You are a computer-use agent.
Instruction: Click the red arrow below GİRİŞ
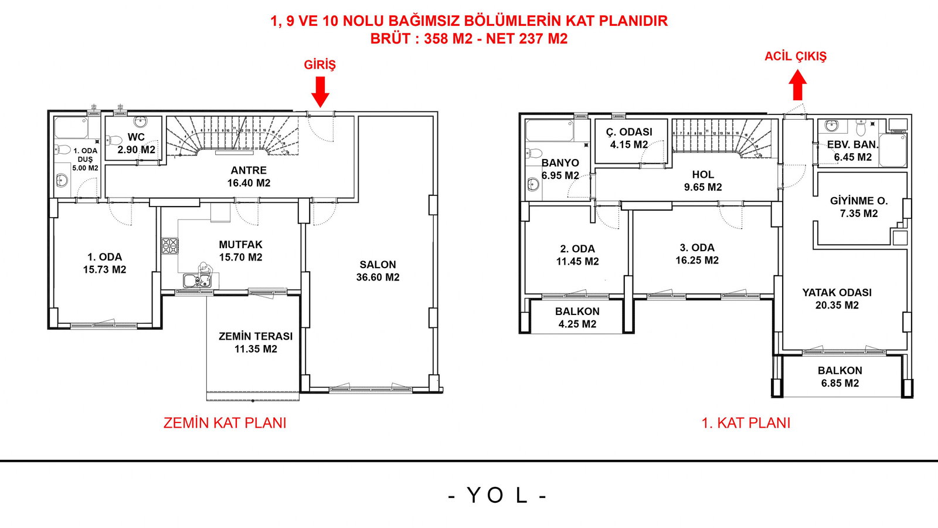pyautogui.click(x=320, y=91)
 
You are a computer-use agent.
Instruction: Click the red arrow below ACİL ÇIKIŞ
pyautogui.click(x=797, y=86)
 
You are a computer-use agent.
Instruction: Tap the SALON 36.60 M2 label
pyautogui.click(x=378, y=271)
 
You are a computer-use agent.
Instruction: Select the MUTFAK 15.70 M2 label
pyautogui.click(x=240, y=251)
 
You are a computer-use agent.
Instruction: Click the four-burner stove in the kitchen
pyautogui.click(x=170, y=245)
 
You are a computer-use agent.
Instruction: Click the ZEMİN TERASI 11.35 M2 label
pyautogui.click(x=256, y=343)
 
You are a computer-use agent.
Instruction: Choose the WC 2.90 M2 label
pyautogui.click(x=136, y=143)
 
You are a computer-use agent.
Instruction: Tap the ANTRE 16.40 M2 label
pyautogui.click(x=249, y=177)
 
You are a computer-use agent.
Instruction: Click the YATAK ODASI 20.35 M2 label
pyautogui.click(x=837, y=299)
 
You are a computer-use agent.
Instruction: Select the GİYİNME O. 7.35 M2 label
pyautogui.click(x=858, y=207)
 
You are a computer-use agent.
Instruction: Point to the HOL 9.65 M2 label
pyautogui.click(x=702, y=181)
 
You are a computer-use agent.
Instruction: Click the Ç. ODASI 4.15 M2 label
pyautogui.click(x=629, y=138)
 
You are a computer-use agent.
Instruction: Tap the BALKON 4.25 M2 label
pyautogui.click(x=577, y=317)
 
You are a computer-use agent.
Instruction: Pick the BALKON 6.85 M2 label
pyautogui.click(x=840, y=377)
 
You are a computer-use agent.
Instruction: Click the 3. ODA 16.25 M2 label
pyautogui.click(x=696, y=254)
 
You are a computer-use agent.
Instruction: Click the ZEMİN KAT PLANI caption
pyautogui.click(x=225, y=423)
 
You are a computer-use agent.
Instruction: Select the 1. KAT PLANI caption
pyautogui.click(x=746, y=423)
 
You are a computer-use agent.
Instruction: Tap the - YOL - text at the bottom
pyautogui.click(x=497, y=496)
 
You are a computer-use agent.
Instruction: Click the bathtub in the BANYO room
pyautogui.click(x=549, y=130)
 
